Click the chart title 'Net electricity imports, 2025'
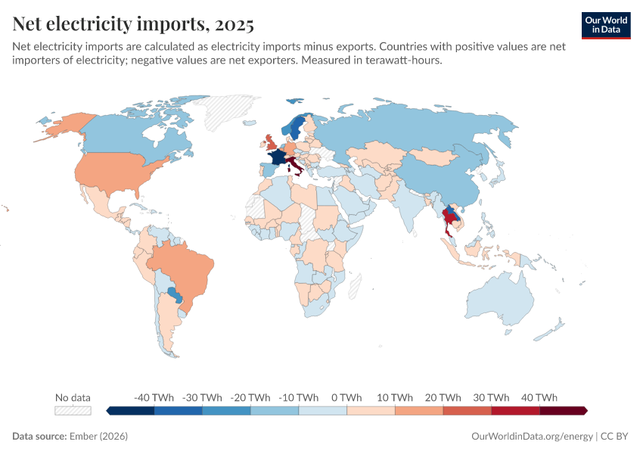tap(133, 25)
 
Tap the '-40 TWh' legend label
tap(154, 397)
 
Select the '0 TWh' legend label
tap(346, 397)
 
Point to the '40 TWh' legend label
tap(539, 397)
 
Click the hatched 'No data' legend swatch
tap(73, 411)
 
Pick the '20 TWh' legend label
tap(443, 397)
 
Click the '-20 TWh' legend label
tap(250, 397)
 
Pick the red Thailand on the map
tap(451, 220)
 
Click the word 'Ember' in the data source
tap(82, 437)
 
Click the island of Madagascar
tap(352, 285)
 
